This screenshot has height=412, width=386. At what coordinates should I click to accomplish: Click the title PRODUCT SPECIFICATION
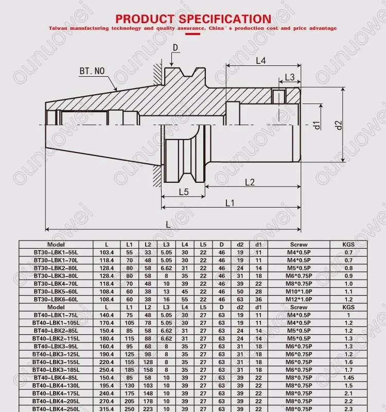pos(192,19)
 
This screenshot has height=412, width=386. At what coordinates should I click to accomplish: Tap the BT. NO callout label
pos(93,71)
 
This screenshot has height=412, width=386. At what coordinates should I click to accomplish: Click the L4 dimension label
pos(261,61)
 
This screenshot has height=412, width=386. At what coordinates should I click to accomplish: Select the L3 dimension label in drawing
pos(289,77)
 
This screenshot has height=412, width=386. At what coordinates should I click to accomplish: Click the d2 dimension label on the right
pos(338,125)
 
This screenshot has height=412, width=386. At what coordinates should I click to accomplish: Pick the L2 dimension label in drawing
pos(250,182)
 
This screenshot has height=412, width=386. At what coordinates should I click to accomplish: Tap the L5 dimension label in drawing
pos(184,192)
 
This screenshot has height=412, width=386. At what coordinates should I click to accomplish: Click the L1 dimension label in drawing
pos(230,202)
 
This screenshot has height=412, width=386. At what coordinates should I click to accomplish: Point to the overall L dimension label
pos(169,225)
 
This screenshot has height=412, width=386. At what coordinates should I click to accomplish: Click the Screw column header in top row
pos(299,245)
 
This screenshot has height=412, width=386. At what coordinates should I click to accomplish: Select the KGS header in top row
pos(349,245)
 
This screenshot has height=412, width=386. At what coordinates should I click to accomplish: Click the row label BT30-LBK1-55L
pos(56,252)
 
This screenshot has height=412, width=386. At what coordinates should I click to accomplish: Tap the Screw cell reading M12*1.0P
pos(299,299)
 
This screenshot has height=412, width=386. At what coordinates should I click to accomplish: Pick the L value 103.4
pos(107,252)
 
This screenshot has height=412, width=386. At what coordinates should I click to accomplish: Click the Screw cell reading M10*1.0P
pos(299,291)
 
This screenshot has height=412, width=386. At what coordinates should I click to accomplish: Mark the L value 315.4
pos(107,408)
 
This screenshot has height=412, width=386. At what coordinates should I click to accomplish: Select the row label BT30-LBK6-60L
pos(56,299)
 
